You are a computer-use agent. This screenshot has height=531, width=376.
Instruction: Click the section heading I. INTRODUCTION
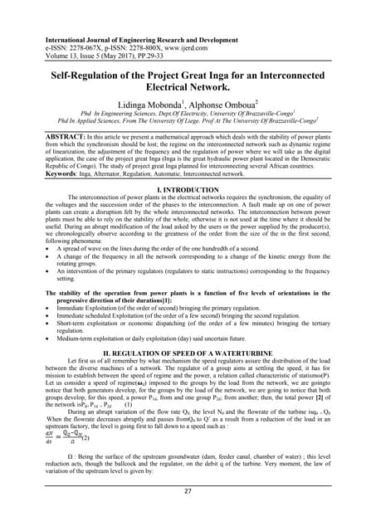188,190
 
